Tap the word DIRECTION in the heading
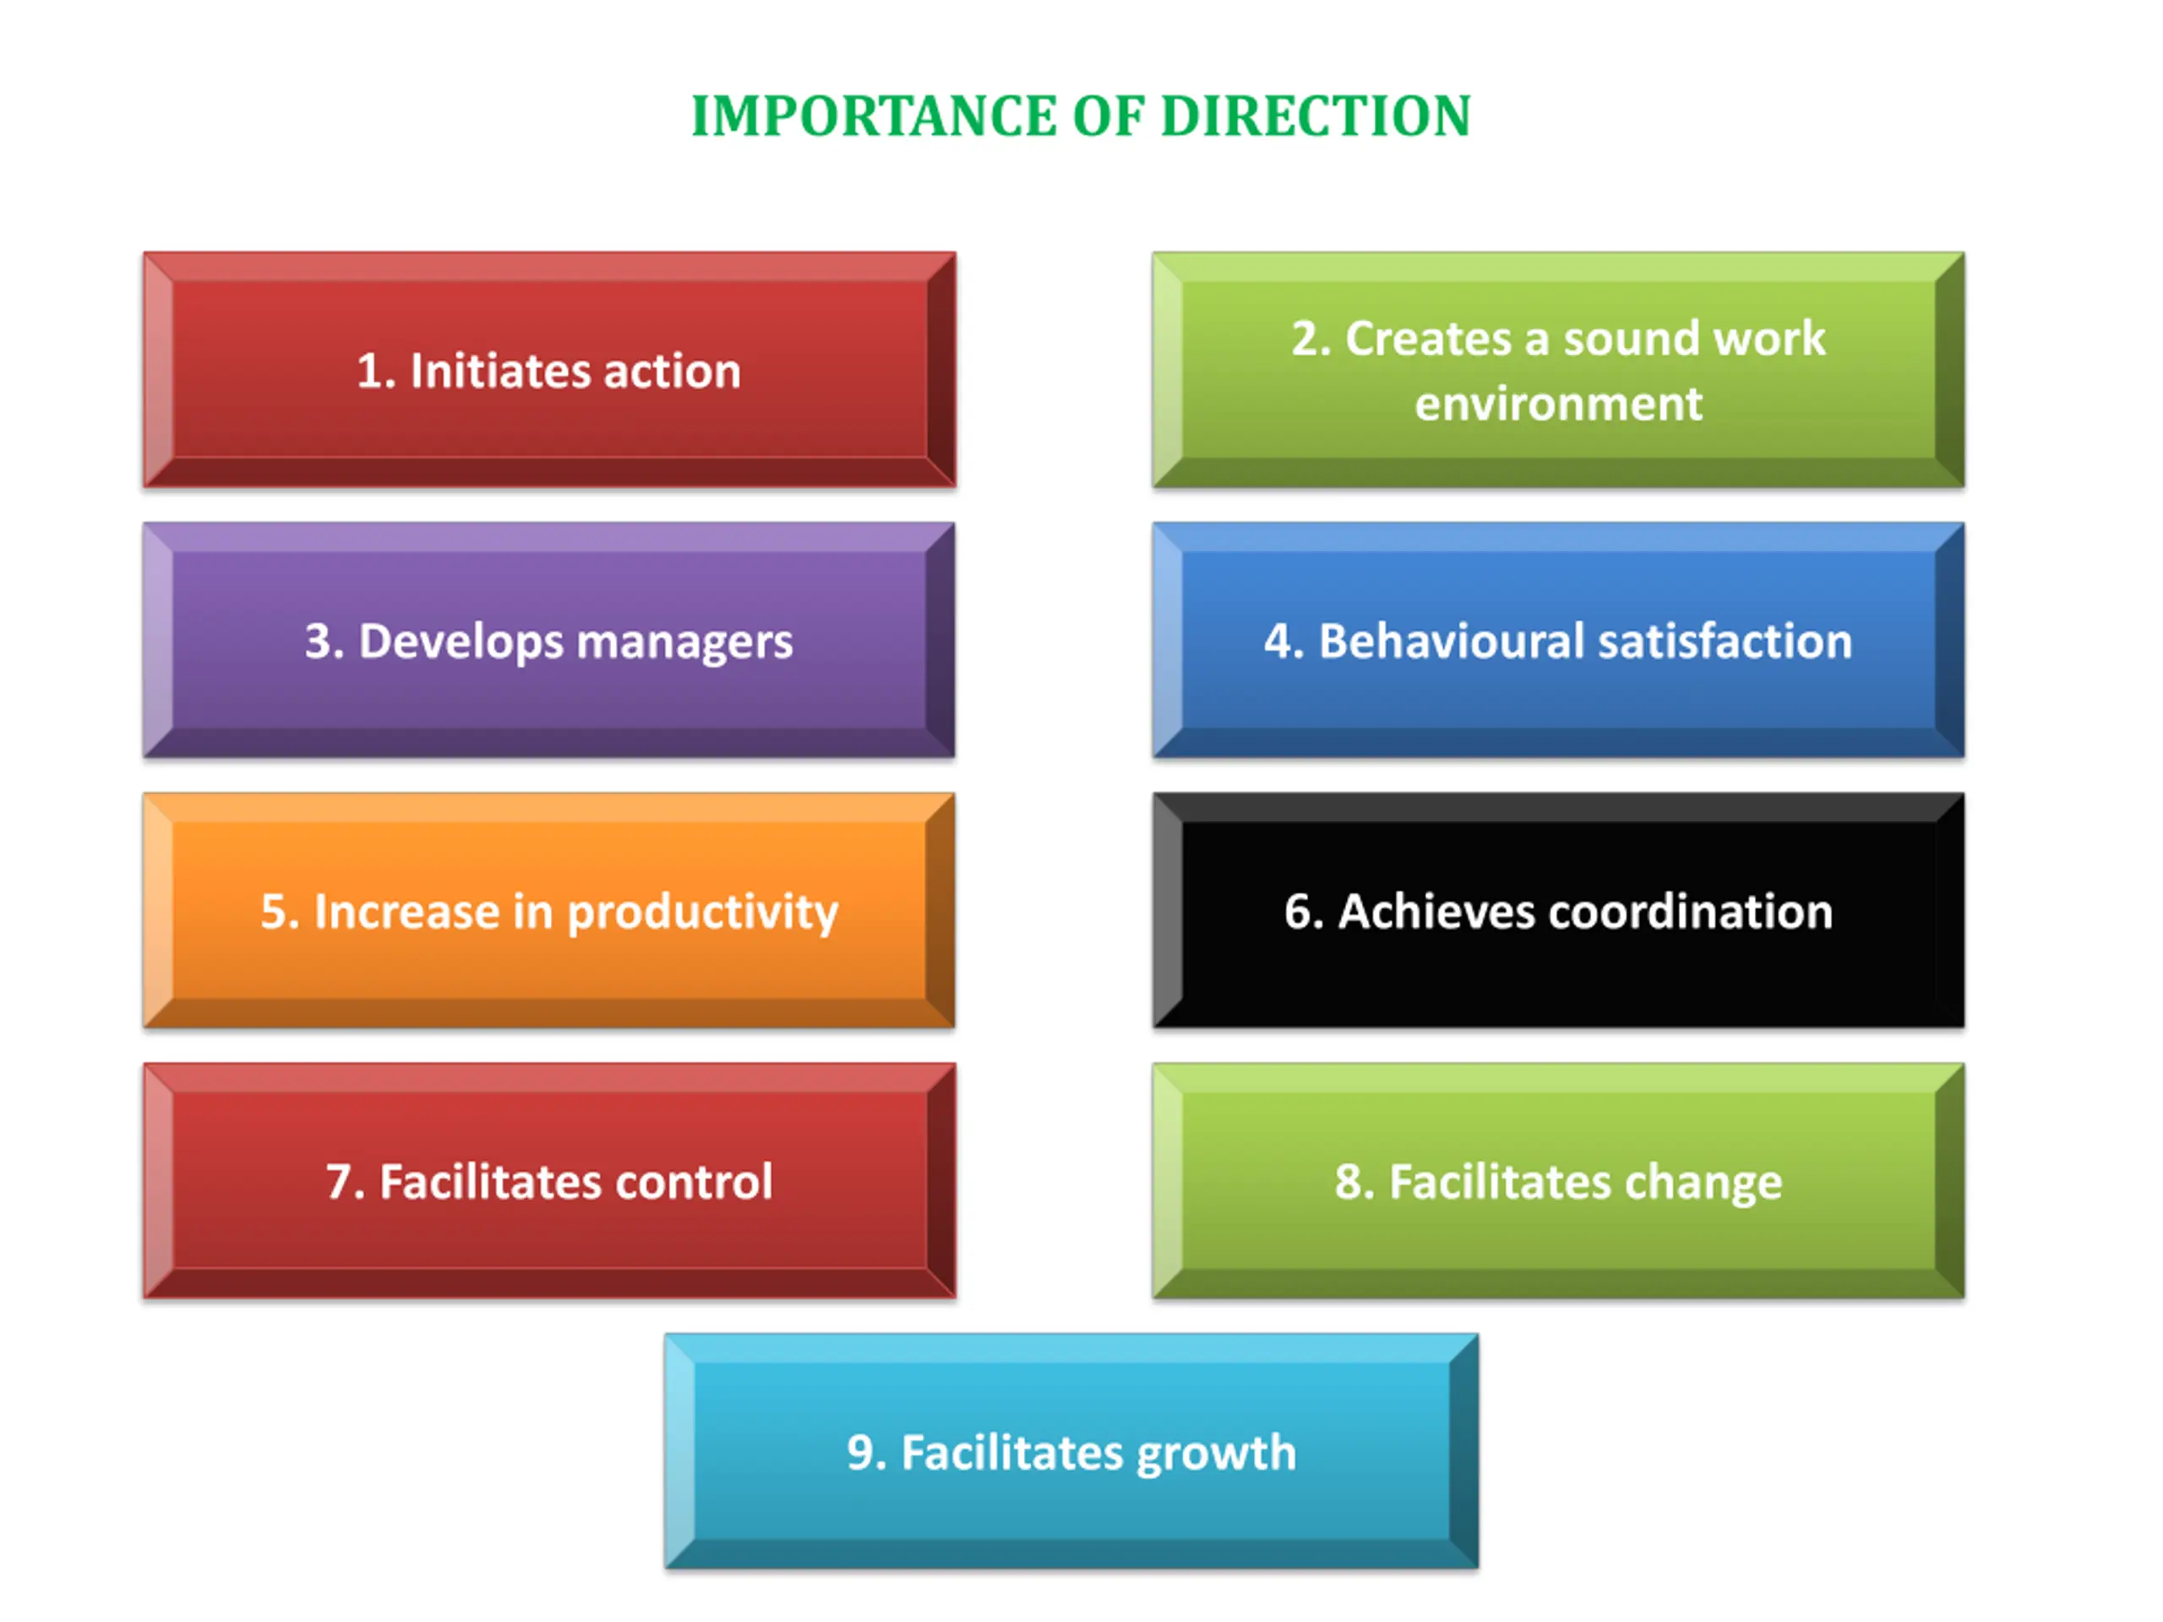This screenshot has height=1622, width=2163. click(x=1316, y=117)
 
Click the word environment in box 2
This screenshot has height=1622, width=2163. click(x=1558, y=404)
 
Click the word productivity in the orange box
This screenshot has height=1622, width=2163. click(x=702, y=913)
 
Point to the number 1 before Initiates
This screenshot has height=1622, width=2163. click(x=369, y=372)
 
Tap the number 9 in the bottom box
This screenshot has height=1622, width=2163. click(x=863, y=1452)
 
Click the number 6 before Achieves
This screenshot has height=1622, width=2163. click(x=1299, y=912)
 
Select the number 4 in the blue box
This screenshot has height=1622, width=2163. click(x=1278, y=641)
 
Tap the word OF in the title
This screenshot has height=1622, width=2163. click(x=1107, y=117)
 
